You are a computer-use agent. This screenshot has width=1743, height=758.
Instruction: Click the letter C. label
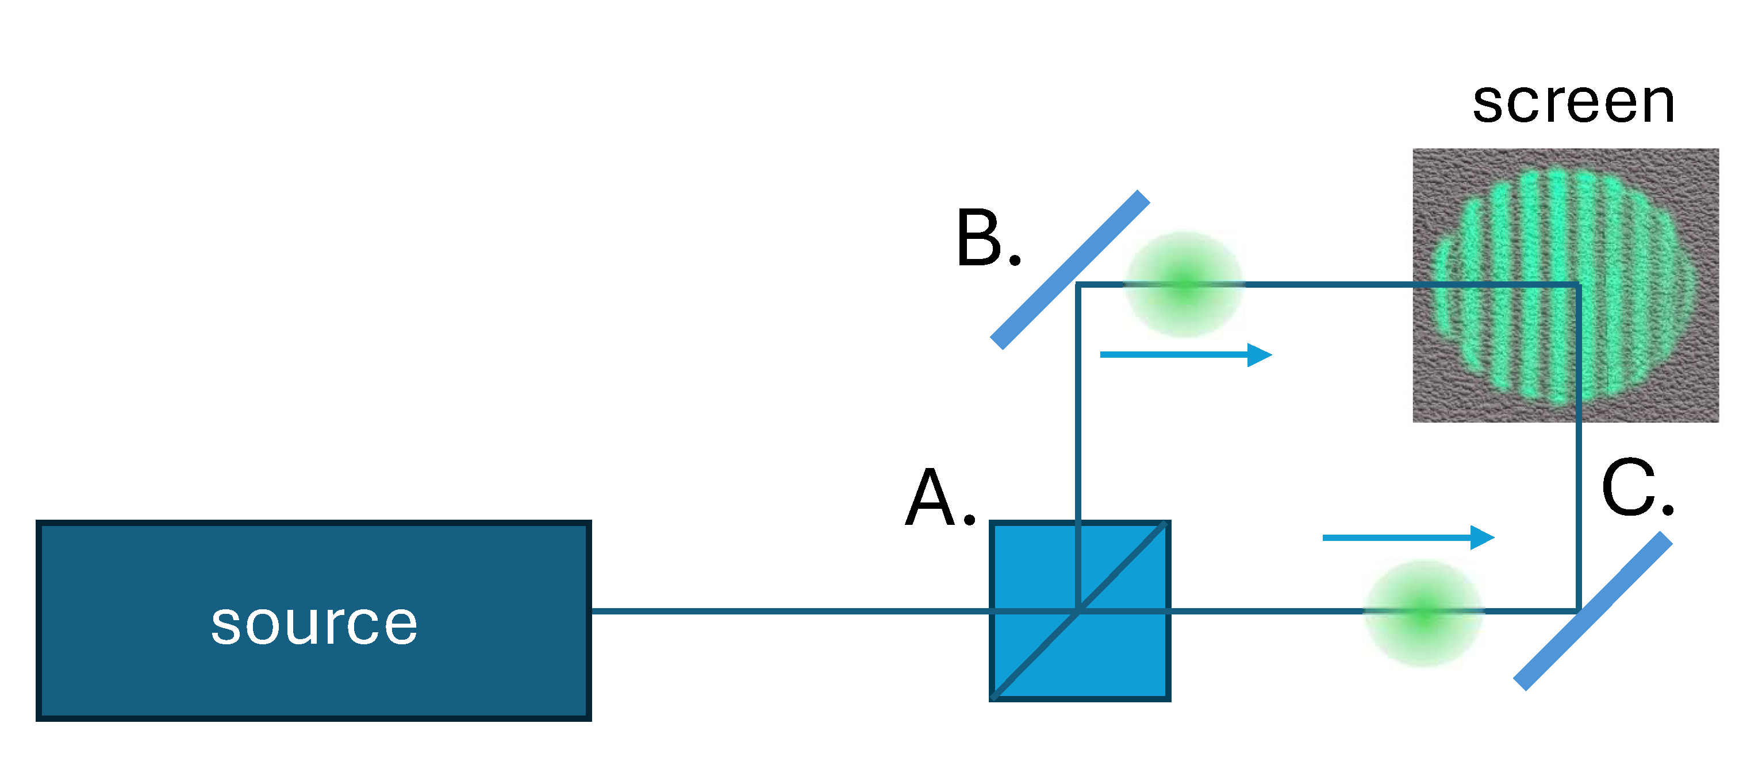(1636, 488)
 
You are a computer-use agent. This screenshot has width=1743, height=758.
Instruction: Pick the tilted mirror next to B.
(1070, 270)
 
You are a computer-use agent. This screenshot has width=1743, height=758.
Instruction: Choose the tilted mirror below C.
(1593, 611)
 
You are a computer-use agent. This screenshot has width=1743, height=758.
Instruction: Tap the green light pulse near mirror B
(1184, 285)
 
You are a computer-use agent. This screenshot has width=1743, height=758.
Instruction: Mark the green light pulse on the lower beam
(1423, 613)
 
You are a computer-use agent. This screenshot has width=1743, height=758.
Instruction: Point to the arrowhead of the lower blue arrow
(1483, 537)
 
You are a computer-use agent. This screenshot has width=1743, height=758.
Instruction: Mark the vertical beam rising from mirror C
(1578, 473)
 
